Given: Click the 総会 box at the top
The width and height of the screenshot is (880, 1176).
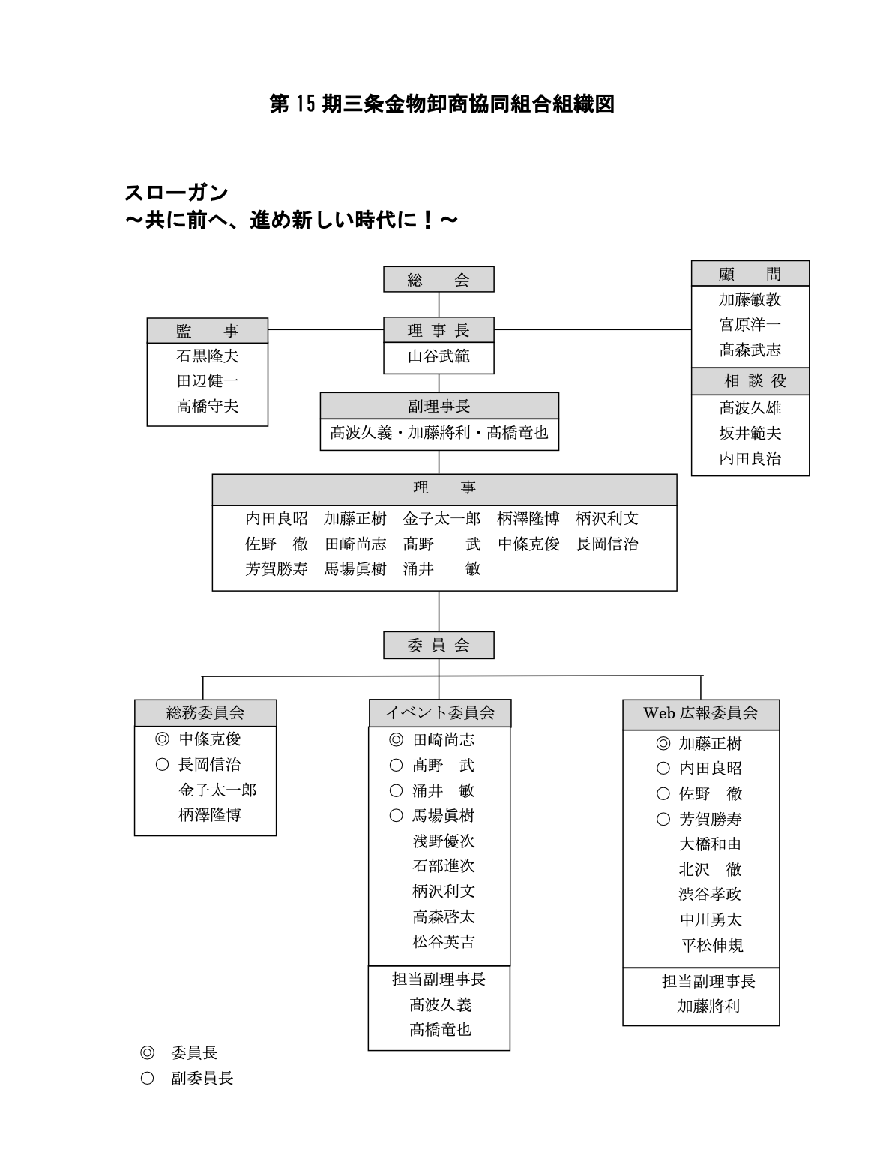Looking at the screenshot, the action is tap(439, 279).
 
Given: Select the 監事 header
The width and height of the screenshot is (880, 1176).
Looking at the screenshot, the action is tap(207, 331).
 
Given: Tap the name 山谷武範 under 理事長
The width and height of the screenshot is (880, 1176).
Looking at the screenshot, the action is tap(439, 356).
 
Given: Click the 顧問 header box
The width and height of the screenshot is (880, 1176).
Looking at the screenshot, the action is tap(750, 273).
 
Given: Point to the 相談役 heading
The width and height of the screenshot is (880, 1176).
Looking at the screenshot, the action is tap(750, 381).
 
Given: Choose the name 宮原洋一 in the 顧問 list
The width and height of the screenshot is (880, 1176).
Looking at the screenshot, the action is tap(750, 324).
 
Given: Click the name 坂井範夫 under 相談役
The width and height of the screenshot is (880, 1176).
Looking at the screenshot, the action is tap(750, 433).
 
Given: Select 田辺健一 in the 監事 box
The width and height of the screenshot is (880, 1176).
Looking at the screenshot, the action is tap(207, 381).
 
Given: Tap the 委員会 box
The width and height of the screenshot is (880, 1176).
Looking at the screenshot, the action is tap(439, 645).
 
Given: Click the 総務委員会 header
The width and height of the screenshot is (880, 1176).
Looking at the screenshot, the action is tap(205, 713).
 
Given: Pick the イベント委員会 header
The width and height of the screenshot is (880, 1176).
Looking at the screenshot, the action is tap(439, 713).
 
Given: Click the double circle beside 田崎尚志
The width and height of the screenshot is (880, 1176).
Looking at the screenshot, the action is tap(396, 739).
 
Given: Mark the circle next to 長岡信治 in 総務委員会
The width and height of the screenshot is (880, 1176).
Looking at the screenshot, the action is tap(162, 764).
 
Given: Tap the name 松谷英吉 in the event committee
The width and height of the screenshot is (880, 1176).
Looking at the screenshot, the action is tap(443, 941).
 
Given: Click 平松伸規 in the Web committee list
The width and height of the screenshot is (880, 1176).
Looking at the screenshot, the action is tap(712, 944).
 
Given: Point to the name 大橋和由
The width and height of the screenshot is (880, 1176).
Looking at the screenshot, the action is tap(711, 844).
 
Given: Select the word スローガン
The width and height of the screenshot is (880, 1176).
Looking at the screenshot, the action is tap(176, 193).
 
